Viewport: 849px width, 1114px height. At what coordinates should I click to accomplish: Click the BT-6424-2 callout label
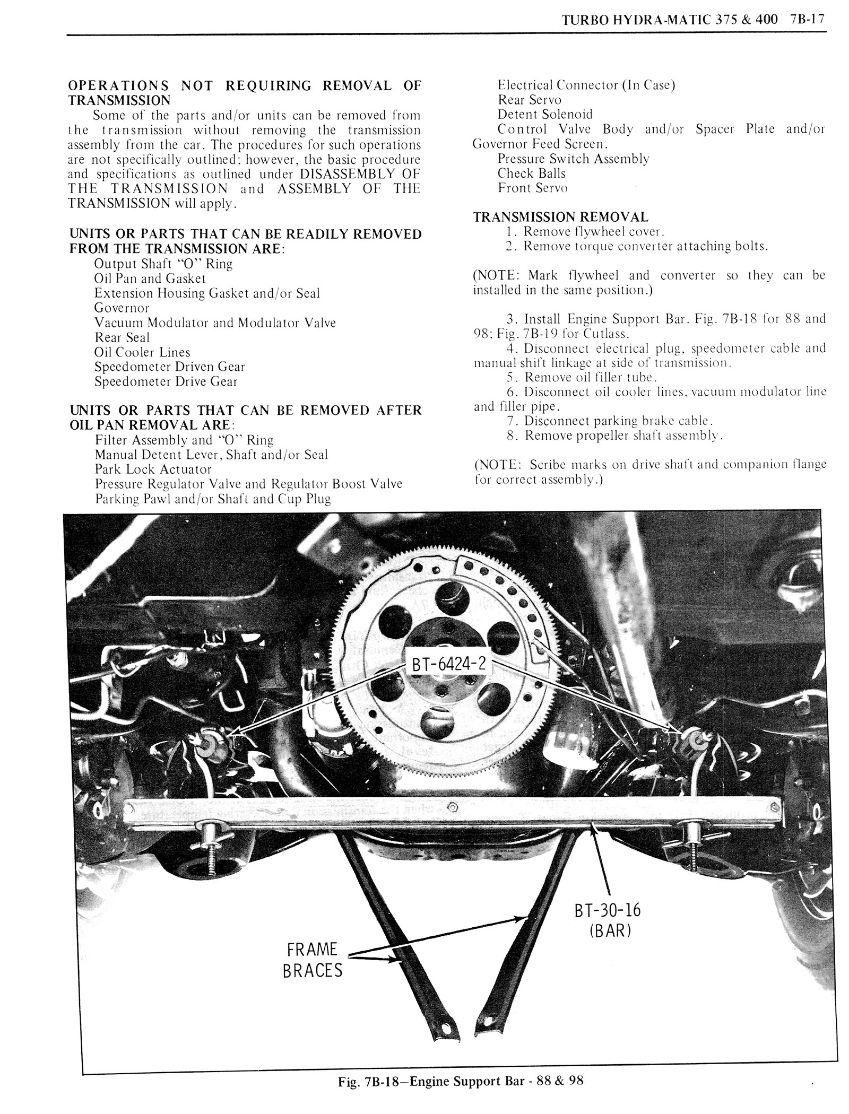448,664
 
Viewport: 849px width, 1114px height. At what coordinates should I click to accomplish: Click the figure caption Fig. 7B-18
461,1095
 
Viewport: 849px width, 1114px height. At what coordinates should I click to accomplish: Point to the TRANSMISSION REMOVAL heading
560,217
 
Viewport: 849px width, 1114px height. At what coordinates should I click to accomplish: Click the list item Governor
122,308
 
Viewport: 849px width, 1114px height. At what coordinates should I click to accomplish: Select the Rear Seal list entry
122,337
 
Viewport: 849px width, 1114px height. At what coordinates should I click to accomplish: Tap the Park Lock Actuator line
153,469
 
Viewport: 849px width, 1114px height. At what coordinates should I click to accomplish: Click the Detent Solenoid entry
545,115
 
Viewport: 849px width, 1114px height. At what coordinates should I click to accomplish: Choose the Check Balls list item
532,173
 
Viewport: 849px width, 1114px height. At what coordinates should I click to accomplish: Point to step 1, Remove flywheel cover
585,232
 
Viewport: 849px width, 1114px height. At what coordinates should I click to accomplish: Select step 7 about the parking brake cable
609,421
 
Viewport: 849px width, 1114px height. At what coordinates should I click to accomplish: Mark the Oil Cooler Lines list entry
142,352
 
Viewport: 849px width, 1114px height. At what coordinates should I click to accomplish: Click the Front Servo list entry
533,188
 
